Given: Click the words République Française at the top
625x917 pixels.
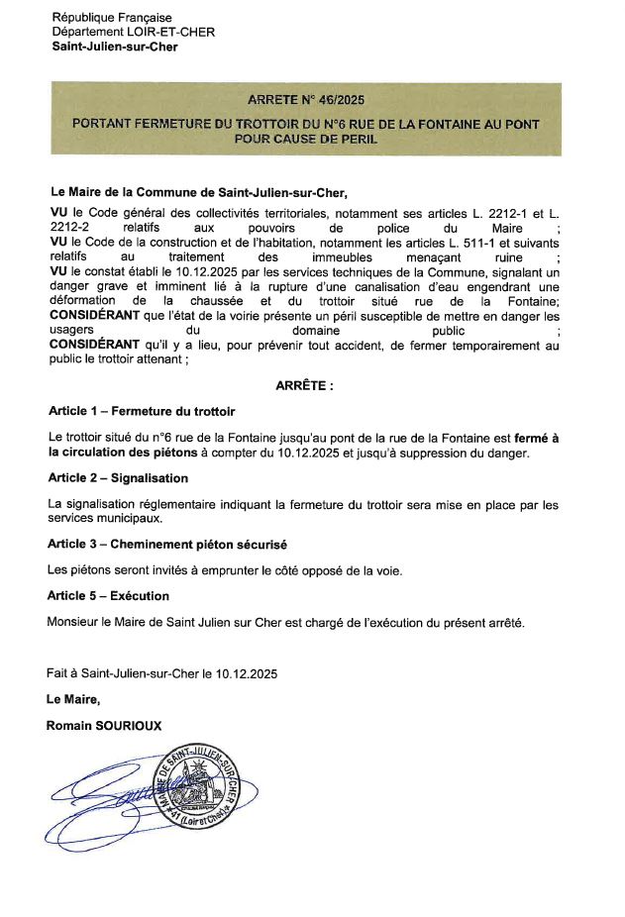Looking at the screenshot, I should [112, 18].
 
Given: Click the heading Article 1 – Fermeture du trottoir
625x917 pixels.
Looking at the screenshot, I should [142, 411].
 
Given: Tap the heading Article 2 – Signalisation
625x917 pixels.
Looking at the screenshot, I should [118, 478].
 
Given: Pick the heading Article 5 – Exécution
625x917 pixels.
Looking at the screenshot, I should [108, 596].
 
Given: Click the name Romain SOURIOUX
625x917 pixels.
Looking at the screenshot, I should [104, 726].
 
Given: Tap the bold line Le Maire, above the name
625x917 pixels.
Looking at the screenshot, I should [73, 699].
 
